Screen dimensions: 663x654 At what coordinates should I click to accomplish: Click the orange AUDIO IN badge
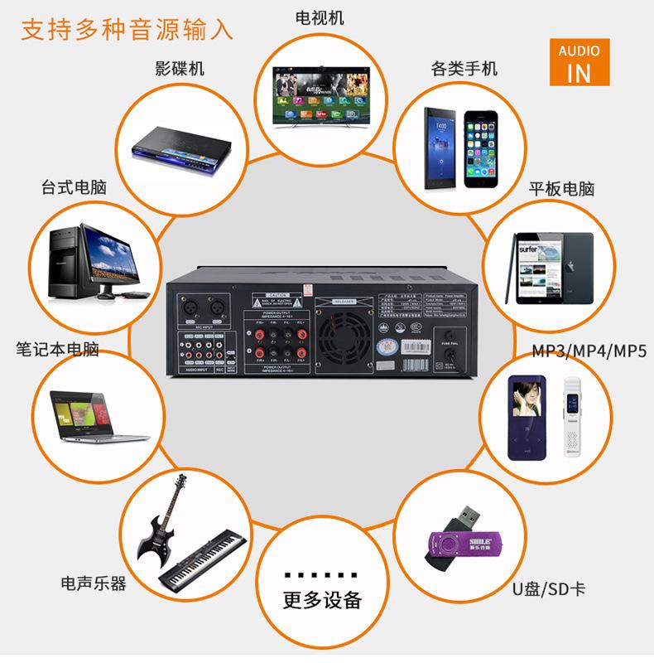[x=579, y=62]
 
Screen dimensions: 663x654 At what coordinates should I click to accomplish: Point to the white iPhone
[x=482, y=146]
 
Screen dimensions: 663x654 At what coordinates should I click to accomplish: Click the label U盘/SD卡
[x=547, y=589]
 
